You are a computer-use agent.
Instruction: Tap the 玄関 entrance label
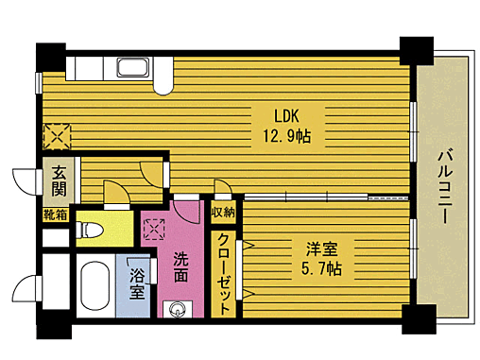(x=59, y=182)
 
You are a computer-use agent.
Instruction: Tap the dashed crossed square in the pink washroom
(x=154, y=228)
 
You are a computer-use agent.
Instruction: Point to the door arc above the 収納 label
(x=223, y=188)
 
